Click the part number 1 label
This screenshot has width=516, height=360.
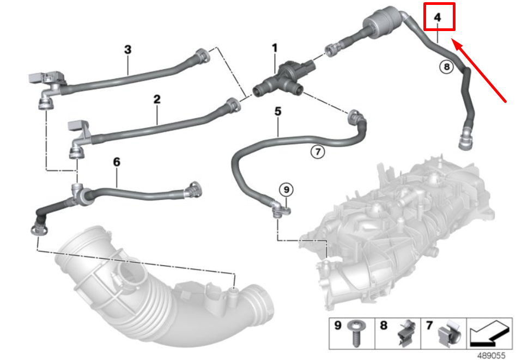[275, 48]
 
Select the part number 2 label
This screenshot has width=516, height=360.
[157, 99]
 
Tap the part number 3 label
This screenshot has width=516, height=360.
[128, 50]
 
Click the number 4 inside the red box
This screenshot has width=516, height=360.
[438, 17]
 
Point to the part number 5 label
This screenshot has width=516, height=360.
[278, 112]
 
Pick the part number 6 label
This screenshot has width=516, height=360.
[116, 162]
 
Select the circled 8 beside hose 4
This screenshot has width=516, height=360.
[446, 67]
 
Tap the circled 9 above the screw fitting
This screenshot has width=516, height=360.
[286, 190]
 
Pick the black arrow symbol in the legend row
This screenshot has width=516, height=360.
[489, 333]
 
